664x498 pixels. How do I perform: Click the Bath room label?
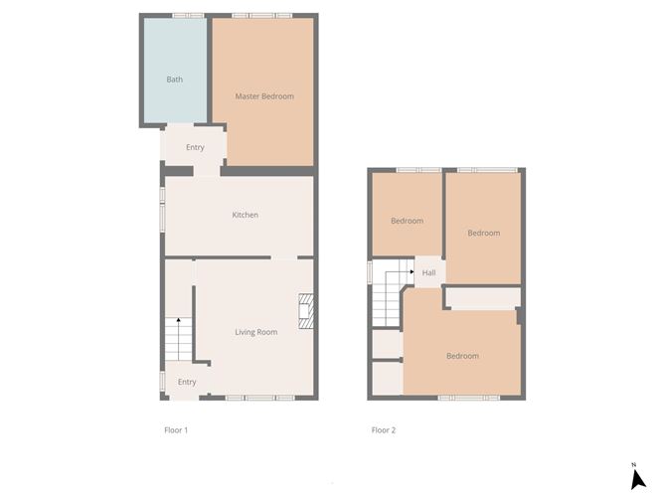pyautogui.click(x=175, y=80)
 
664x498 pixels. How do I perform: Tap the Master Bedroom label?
pyautogui.click(x=264, y=96)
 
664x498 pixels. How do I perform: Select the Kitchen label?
pyautogui.click(x=246, y=215)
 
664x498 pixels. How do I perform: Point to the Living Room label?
pyautogui.click(x=256, y=332)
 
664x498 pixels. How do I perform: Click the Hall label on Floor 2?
pyautogui.click(x=429, y=273)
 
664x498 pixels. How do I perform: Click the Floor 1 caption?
pyautogui.click(x=176, y=430)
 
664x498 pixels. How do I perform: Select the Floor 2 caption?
pyautogui.click(x=384, y=430)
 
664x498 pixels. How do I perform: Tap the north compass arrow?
pyautogui.click(x=638, y=477)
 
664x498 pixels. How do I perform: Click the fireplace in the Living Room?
pyautogui.click(x=309, y=310)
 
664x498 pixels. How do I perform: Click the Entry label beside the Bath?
pyautogui.click(x=195, y=148)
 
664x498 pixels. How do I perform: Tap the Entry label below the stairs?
pyautogui.click(x=187, y=382)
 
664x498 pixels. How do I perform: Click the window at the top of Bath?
pyautogui.click(x=188, y=15)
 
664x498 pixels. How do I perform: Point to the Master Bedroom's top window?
pyautogui.click(x=262, y=15)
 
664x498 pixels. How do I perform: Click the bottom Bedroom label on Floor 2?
pyautogui.click(x=462, y=356)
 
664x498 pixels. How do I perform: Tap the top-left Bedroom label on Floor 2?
pyautogui.click(x=407, y=221)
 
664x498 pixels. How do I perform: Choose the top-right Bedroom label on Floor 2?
pyautogui.click(x=484, y=233)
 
